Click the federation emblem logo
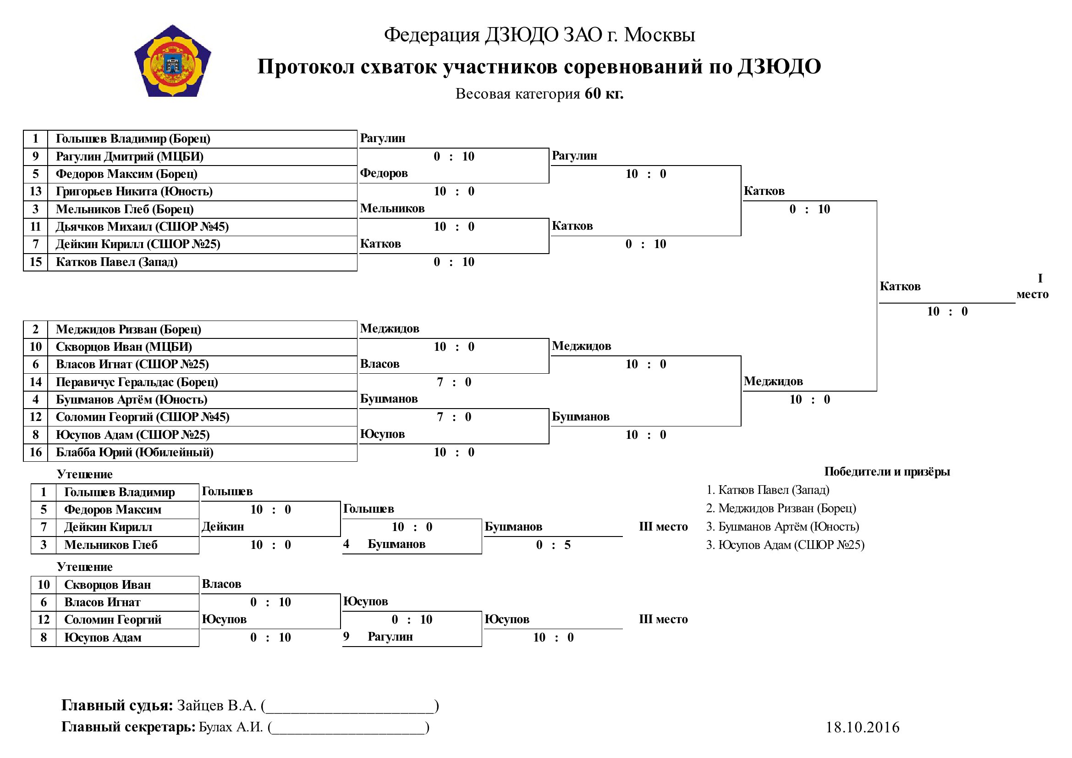tap(173, 61)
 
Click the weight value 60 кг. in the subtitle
tap(604, 94)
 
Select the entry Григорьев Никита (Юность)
tap(134, 192)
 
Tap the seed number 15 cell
tap(35, 262)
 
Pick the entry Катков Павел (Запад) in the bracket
tap(117, 262)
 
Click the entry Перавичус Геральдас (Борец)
tap(137, 382)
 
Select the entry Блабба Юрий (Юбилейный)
tap(134, 452)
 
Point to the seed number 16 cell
tap(35, 452)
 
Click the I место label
tap(1032, 286)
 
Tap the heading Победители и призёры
tap(887, 472)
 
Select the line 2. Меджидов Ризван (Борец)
tap(781, 508)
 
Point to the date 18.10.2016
tap(863, 727)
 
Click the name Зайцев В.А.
tap(217, 705)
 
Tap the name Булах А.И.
tap(231, 727)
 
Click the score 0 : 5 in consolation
tap(553, 545)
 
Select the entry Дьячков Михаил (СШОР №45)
tap(142, 227)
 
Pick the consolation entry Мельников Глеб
tap(110, 545)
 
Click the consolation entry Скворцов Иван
tap(107, 585)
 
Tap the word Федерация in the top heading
tap(432, 35)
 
